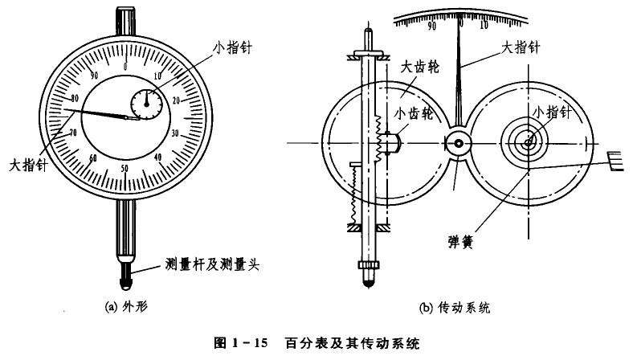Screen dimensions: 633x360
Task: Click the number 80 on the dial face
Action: [74, 98]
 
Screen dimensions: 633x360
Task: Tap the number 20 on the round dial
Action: [177, 100]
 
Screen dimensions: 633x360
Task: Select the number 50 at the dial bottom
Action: [125, 168]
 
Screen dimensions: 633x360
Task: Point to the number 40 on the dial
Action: [157, 157]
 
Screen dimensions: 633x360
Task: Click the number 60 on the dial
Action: [93, 157]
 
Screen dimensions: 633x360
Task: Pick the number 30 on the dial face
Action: [175, 133]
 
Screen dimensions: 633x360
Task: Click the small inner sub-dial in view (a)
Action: [146, 104]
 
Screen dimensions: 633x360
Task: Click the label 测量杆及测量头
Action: [212, 264]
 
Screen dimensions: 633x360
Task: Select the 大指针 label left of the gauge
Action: [28, 165]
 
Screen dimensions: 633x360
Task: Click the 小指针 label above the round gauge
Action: [232, 47]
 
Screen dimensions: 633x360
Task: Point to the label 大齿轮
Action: [420, 67]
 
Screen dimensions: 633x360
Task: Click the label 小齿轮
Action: [414, 113]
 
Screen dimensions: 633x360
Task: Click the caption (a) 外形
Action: [126, 307]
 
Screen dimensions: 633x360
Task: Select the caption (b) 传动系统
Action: [455, 308]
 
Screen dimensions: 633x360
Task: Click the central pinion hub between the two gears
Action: [458, 143]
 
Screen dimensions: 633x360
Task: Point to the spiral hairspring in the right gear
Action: [525, 141]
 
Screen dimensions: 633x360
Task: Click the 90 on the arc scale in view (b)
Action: [431, 26]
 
